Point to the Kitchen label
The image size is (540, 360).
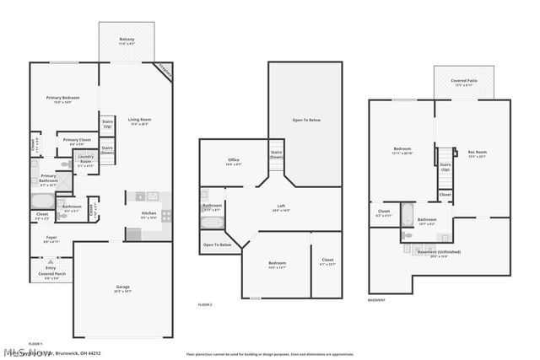coord(149,215)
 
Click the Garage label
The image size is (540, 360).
coord(122,288)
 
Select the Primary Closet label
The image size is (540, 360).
coord(77,141)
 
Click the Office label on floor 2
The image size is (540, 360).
coord(234,162)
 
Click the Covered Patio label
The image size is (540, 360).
coord(470,83)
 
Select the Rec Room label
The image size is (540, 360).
coord(478,154)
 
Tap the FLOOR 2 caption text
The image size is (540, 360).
coord(205,304)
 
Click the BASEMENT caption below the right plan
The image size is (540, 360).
coord(377,300)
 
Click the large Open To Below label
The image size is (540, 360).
coord(306,121)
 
